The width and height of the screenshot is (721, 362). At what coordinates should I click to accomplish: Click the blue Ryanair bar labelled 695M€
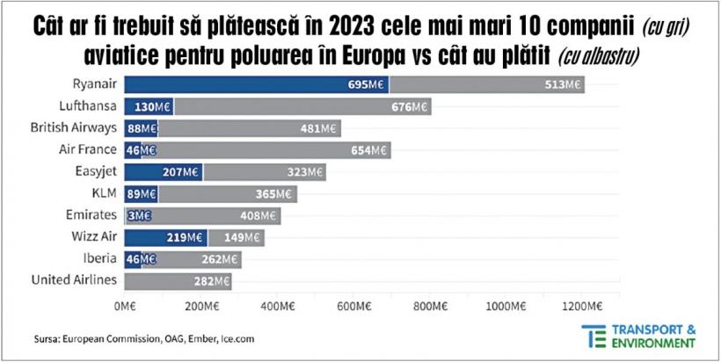(255, 85)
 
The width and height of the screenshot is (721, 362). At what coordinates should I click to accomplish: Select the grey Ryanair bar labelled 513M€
(487, 85)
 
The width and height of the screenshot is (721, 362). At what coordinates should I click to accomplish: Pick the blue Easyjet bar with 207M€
(164, 172)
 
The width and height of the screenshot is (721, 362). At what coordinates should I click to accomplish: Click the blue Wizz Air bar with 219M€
(166, 237)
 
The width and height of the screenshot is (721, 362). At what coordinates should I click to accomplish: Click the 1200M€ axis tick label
(582, 307)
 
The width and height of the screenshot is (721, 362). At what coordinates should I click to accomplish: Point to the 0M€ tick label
(125, 307)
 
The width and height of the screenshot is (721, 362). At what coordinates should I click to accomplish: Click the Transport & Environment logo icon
(593, 336)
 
